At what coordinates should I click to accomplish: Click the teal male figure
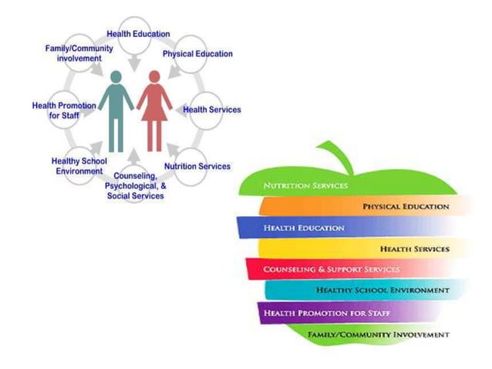(x=116, y=112)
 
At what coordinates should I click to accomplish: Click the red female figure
(x=154, y=112)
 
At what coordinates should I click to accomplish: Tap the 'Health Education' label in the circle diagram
(x=139, y=34)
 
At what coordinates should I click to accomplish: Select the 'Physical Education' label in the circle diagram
(x=197, y=54)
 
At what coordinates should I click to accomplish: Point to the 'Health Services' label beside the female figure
(x=212, y=110)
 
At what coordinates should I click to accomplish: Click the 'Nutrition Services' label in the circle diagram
(x=197, y=166)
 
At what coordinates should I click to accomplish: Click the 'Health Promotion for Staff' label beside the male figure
(x=64, y=110)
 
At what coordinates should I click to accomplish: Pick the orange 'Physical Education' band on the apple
(x=362, y=207)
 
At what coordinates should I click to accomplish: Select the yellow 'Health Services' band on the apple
(x=362, y=249)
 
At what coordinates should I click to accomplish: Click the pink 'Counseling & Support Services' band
(x=332, y=269)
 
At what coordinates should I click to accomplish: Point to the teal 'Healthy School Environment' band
(x=362, y=290)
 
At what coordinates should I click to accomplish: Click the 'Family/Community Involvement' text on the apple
(x=378, y=334)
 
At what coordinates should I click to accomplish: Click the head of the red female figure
(x=154, y=76)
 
